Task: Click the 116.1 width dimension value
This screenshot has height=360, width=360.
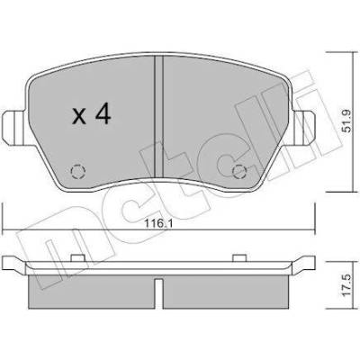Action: coord(158,224)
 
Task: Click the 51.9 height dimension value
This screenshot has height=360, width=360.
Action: coord(347,121)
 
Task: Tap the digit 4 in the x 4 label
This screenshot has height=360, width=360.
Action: coord(103,115)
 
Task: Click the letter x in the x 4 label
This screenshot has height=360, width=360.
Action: coord(79,117)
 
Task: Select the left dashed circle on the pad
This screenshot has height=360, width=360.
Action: coord(78,172)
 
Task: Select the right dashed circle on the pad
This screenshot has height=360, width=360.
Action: coord(240,172)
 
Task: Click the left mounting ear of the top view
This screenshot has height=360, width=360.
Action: coord(14,127)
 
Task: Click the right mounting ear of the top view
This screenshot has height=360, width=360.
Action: coord(303,127)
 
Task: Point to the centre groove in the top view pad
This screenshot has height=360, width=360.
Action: coord(158,117)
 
